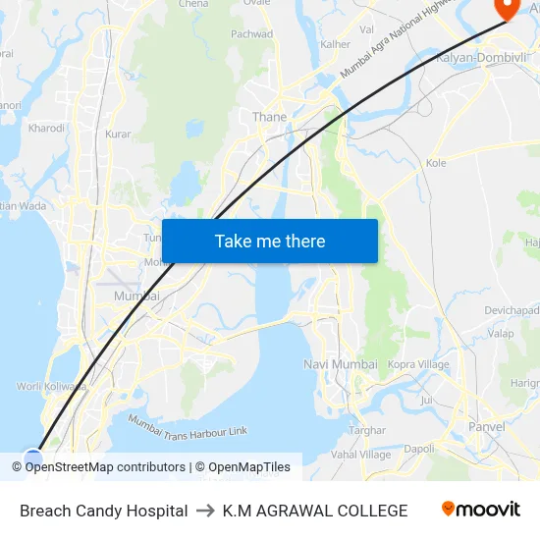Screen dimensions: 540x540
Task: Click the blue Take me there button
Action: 270,241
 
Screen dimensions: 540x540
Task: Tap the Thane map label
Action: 269,117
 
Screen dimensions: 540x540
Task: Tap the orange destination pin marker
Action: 507,8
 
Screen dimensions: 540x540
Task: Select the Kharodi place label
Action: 46,128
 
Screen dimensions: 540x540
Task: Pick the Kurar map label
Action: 118,134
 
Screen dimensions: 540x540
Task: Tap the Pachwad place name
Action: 251,34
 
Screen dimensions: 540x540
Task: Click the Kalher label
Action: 335,44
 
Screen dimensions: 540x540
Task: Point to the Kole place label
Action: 436,163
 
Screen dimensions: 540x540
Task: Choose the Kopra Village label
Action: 418,364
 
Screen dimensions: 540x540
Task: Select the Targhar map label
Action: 367,430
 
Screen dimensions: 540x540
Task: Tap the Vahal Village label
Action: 361,454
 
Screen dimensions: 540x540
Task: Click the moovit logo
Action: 480,510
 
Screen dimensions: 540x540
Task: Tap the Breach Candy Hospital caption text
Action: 103,511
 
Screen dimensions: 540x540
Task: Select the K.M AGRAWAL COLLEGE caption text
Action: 314,511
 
